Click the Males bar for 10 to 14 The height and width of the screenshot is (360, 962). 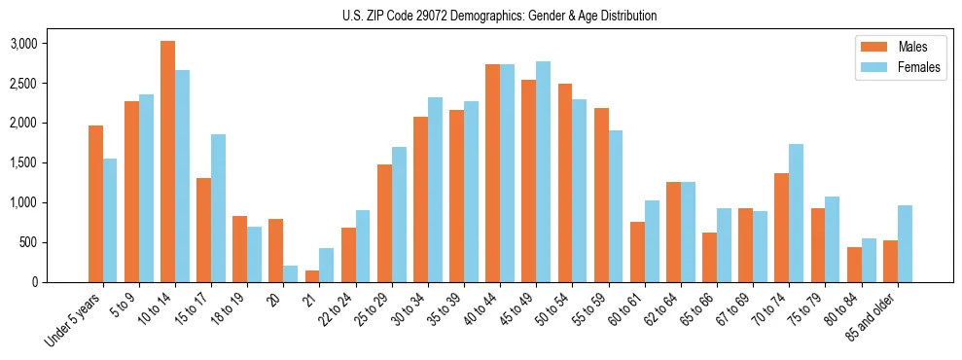(x=167, y=162)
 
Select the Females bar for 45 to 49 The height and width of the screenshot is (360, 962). (x=543, y=172)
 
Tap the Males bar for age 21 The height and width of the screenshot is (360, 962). (x=312, y=276)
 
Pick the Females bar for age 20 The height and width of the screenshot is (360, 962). (x=291, y=273)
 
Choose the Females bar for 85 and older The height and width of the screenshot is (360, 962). (x=905, y=243)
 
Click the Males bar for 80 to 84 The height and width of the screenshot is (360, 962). (x=854, y=265)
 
